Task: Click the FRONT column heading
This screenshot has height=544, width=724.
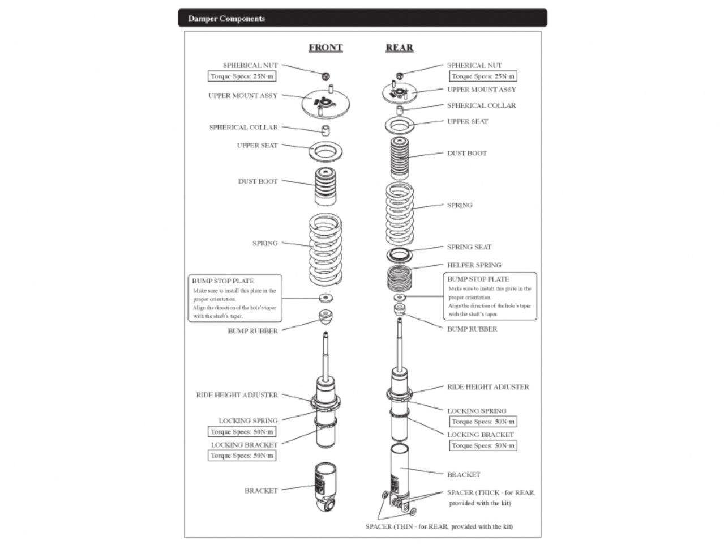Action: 325,48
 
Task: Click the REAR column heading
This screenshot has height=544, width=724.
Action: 399,48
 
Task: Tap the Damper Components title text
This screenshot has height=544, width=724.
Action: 226,18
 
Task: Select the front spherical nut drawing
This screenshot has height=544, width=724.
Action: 325,76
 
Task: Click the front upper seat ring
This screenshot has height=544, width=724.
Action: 326,151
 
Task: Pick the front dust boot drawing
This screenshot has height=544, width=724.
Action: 325,186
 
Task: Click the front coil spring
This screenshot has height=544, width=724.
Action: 326,249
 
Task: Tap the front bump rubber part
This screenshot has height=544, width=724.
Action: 326,317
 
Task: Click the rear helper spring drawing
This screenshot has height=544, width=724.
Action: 400,277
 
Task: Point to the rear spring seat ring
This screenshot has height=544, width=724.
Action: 400,254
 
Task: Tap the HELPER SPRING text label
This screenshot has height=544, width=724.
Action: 474,265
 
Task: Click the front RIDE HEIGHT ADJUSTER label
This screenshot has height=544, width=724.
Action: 237,394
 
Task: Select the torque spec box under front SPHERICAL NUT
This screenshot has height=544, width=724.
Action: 242,76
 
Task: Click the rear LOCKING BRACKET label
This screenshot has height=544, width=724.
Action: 481,435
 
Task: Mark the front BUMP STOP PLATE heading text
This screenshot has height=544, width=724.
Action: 222,280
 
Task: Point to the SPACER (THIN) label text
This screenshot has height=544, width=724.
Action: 439,526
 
